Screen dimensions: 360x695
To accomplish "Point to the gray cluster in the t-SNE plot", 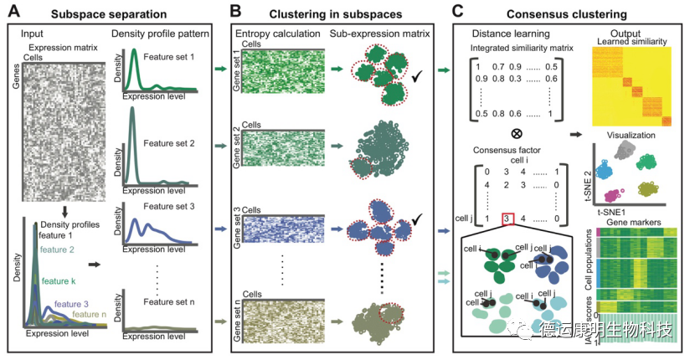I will coord(625,151).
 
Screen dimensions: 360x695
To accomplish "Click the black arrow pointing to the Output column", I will coord(576,133).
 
